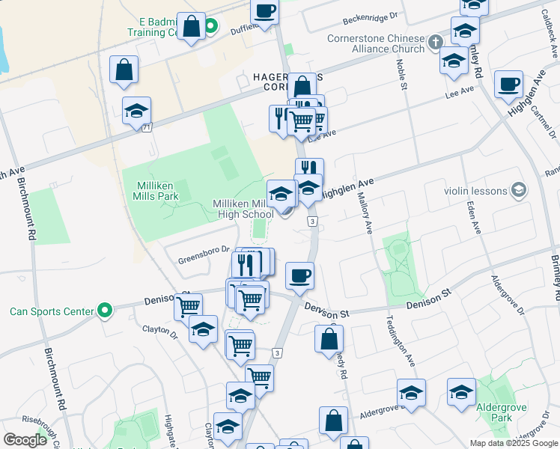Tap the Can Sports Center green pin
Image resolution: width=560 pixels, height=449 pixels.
(x=106, y=310)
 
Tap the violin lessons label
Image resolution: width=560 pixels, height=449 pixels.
(x=475, y=191)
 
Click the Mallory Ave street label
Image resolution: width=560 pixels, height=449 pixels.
(x=368, y=212)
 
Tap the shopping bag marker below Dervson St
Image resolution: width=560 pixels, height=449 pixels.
(x=329, y=339)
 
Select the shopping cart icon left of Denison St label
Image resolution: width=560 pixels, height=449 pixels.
(x=188, y=305)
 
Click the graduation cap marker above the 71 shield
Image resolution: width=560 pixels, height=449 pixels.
(x=136, y=111)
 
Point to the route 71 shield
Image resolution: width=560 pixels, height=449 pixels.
(x=147, y=129)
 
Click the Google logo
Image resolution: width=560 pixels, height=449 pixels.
(x=25, y=440)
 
